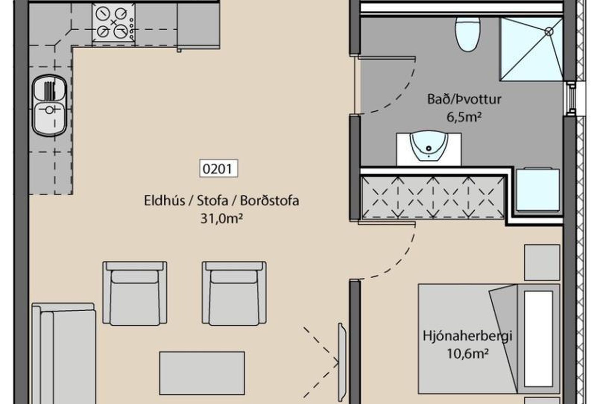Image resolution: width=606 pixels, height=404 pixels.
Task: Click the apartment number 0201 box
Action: click(x=219, y=169)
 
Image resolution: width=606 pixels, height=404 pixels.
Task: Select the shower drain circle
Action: click(x=549, y=31)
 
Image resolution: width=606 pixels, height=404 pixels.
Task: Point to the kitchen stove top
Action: click(x=114, y=22)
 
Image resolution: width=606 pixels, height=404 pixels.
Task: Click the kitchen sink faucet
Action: click(x=50, y=110)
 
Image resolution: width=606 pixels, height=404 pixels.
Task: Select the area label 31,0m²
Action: click(x=222, y=218)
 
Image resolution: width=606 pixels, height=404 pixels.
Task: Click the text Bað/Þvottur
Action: click(x=464, y=99)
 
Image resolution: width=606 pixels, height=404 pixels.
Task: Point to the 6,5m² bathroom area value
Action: click(x=464, y=117)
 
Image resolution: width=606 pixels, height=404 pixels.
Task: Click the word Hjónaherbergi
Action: click(x=467, y=336)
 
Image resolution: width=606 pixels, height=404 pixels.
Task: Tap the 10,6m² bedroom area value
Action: click(x=468, y=354)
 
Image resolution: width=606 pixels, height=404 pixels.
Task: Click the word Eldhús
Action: click(x=164, y=201)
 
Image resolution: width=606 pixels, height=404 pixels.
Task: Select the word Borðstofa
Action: click(x=270, y=201)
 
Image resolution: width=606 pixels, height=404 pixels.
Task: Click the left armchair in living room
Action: click(x=135, y=293)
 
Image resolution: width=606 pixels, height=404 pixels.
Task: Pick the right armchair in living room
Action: click(x=234, y=293)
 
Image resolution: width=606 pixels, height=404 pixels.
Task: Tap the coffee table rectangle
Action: click(x=202, y=373)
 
